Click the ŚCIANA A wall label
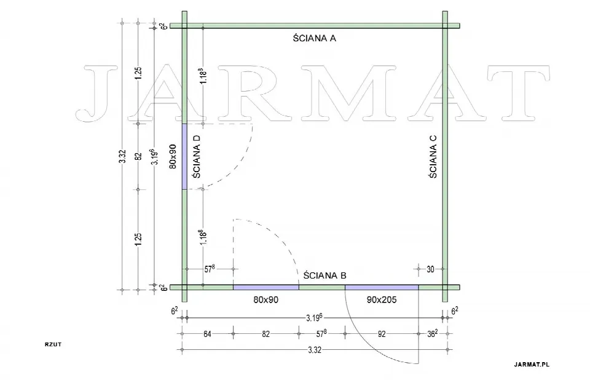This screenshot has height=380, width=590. [315, 38]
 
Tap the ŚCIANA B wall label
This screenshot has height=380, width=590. [324, 275]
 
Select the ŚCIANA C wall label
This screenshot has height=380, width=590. [433, 156]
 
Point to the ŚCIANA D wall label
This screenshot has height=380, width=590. [196, 156]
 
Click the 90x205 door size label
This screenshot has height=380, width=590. [382, 300]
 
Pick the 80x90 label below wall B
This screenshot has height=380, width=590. [265, 300]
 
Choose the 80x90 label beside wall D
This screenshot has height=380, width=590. [173, 156]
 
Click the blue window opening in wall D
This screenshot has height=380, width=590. [184, 157]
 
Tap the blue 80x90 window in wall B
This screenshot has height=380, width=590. [266, 287]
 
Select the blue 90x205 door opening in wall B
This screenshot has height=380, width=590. [382, 287]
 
